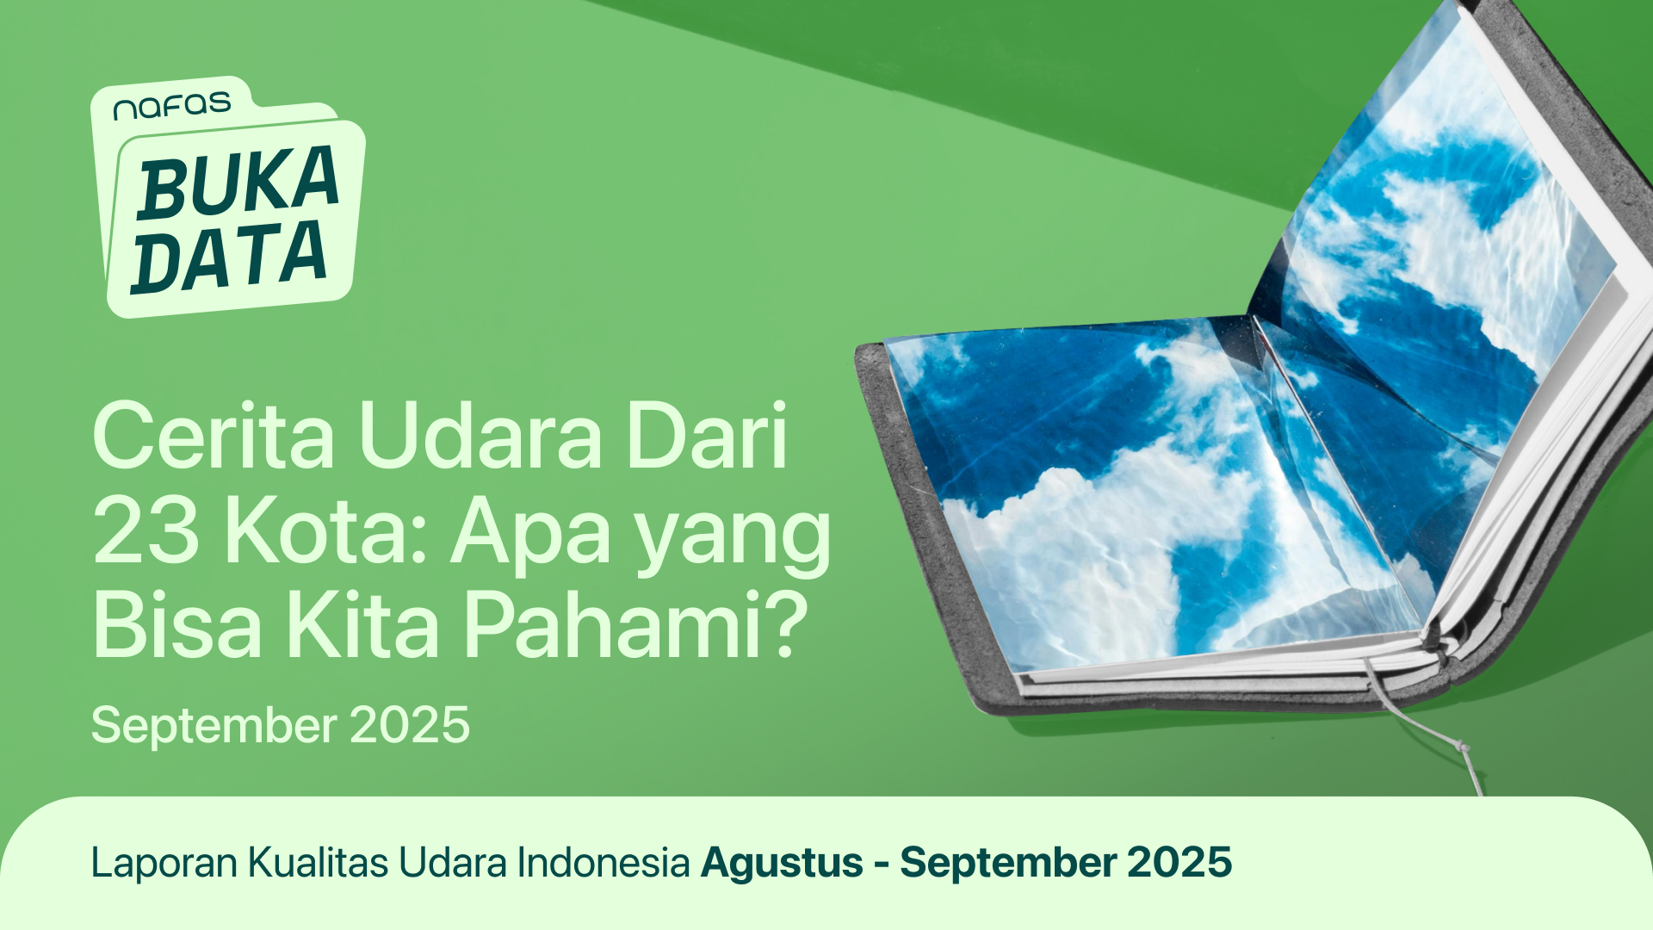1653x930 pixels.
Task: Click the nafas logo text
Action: [x=172, y=107]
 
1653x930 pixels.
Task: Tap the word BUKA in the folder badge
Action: [x=238, y=183]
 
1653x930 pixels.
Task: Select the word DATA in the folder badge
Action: [x=229, y=257]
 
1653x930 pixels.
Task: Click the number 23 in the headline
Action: [x=145, y=532]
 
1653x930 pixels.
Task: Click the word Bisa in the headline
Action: [x=176, y=626]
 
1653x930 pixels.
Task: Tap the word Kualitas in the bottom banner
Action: [x=319, y=862]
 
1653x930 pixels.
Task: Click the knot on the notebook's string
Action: [x=1463, y=747]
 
